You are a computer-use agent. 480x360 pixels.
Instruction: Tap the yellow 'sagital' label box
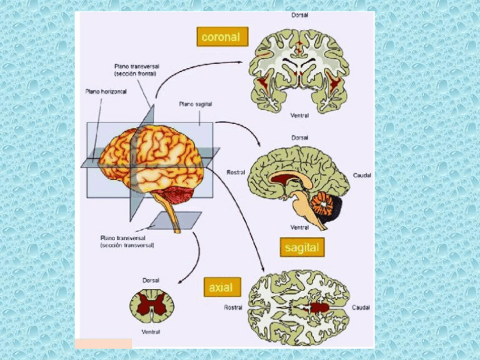[302, 247]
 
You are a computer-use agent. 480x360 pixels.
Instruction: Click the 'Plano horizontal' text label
[106, 91]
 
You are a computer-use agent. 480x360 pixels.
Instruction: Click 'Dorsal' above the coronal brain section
[300, 15]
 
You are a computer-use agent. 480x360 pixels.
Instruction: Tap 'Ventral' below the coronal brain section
[299, 116]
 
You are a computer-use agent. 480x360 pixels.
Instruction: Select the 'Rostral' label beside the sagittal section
[235, 172]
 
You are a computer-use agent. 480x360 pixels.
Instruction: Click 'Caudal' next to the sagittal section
[362, 175]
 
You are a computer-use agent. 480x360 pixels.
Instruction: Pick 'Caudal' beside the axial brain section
[361, 307]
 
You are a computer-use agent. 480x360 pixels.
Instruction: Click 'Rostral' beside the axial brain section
[233, 307]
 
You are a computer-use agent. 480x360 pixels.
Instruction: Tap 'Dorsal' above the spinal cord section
[151, 280]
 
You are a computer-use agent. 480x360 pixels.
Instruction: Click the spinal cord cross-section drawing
[151, 306]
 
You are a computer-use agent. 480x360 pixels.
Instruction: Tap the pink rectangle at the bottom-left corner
[103, 343]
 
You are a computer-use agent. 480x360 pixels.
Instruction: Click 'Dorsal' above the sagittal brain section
[300, 138]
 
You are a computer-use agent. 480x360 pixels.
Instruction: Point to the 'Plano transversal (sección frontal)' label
[136, 70]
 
